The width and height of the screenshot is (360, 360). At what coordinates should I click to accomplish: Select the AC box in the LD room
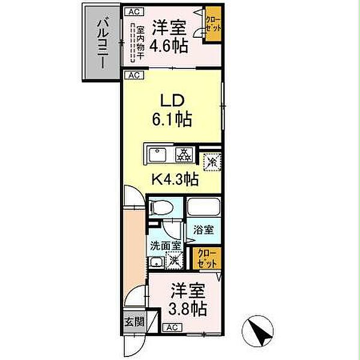pyautogui.click(x=133, y=76)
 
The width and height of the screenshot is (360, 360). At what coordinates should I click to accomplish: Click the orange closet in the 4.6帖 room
pyautogui.click(x=212, y=25)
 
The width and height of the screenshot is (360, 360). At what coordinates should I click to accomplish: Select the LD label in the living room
pyautogui.click(x=170, y=100)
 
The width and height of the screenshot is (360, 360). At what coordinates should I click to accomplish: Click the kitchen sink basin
pyautogui.click(x=158, y=154)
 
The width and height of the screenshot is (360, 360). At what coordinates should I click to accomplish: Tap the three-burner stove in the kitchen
pyautogui.click(x=184, y=154)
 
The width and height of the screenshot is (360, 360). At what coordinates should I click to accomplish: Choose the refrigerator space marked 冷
pyautogui.click(x=211, y=160)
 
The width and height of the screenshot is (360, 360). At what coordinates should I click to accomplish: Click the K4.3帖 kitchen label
pyautogui.click(x=174, y=178)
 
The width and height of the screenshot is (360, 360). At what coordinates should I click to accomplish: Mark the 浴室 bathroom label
pyautogui.click(x=203, y=229)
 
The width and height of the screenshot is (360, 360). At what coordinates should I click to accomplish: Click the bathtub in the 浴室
pyautogui.click(x=203, y=209)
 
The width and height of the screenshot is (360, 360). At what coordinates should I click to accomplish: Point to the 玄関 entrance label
pyautogui.click(x=134, y=322)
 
